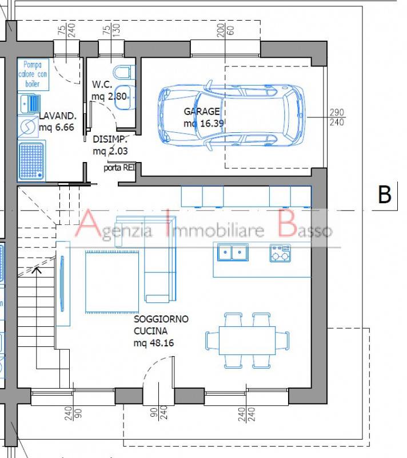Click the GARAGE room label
(x=202, y=111)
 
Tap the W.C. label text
(x=102, y=84)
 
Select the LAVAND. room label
(x=58, y=116)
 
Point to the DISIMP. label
(x=110, y=139)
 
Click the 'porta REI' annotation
(x=119, y=168)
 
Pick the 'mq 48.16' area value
(x=154, y=343)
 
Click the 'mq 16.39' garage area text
(x=204, y=123)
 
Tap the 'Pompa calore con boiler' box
(x=33, y=74)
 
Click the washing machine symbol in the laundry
(x=27, y=127)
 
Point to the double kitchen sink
(x=233, y=252)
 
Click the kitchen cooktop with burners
(x=280, y=253)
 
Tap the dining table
(x=248, y=341)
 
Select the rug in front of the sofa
(x=112, y=282)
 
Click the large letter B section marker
(x=385, y=194)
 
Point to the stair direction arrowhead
(x=37, y=270)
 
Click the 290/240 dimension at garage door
(x=337, y=117)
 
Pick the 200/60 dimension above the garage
(x=225, y=30)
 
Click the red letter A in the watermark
(x=87, y=223)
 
